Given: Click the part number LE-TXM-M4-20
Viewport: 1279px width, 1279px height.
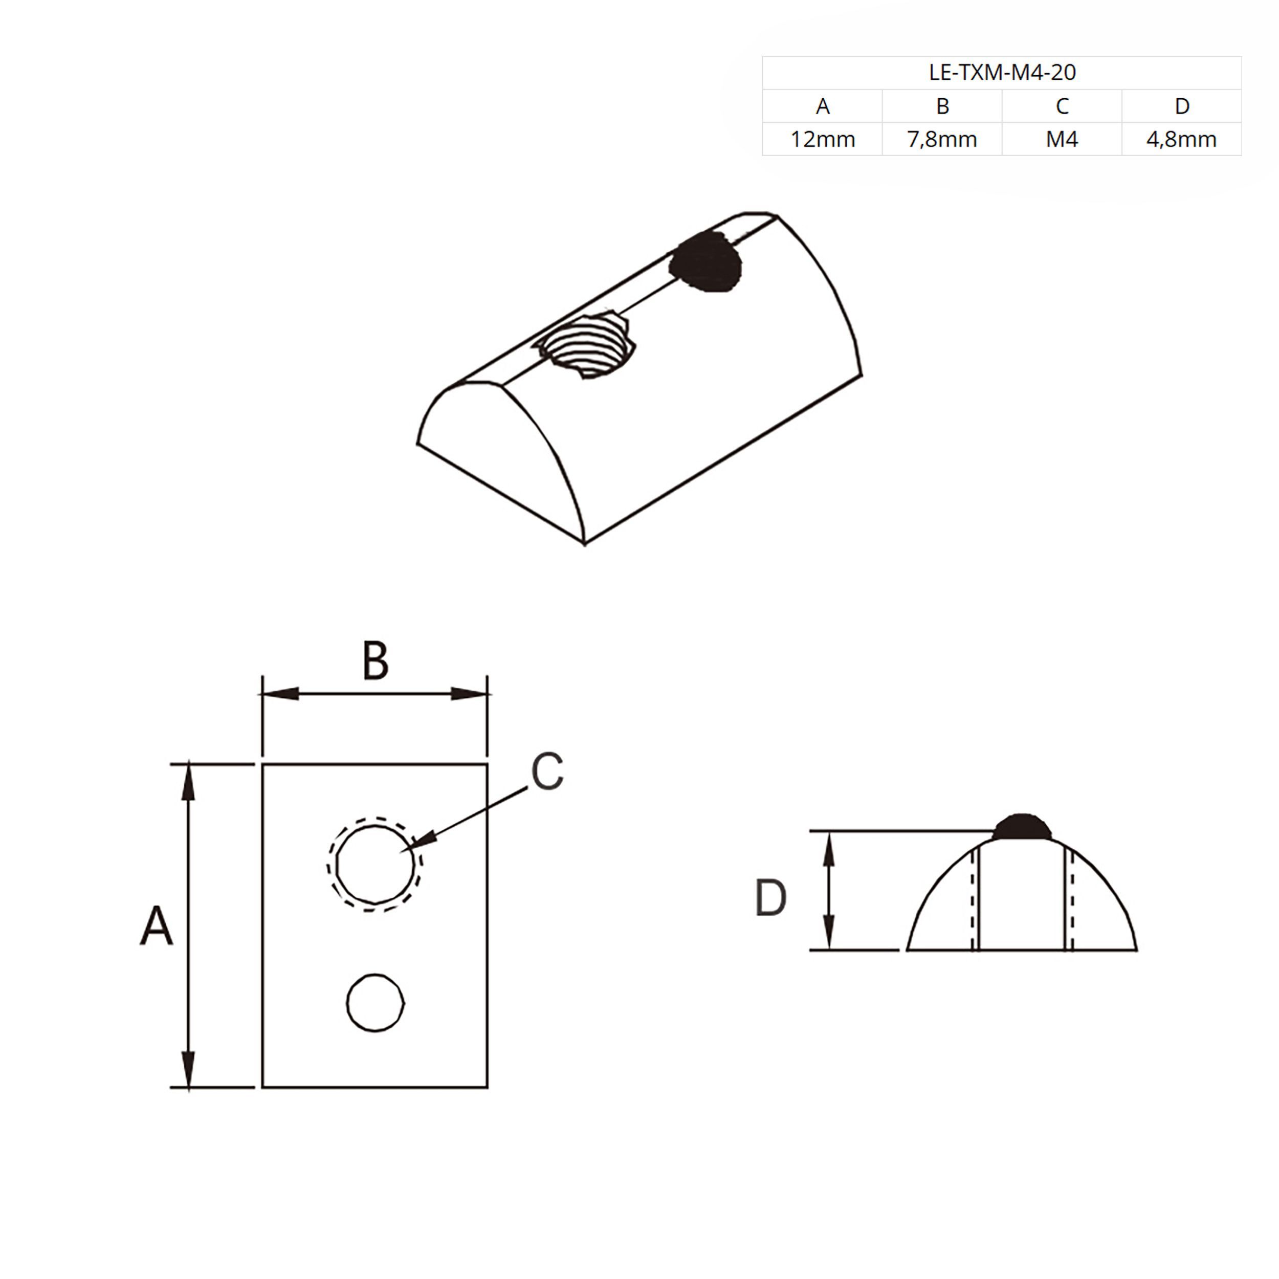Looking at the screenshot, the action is tap(1002, 72).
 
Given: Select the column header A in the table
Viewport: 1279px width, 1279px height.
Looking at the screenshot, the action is tap(822, 106).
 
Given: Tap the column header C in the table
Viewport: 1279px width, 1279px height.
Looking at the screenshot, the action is tap(1062, 106).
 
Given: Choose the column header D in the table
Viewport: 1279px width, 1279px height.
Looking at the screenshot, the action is tap(1182, 106).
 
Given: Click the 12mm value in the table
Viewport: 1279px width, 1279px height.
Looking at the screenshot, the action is tap(822, 139).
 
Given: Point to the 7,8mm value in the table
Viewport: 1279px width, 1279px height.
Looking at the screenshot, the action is tap(942, 139).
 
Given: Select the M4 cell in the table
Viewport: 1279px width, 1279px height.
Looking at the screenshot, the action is tap(1062, 139).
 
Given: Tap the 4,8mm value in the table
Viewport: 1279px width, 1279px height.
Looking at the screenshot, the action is tap(1182, 139).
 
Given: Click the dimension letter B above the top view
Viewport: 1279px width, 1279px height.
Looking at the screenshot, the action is tap(376, 660).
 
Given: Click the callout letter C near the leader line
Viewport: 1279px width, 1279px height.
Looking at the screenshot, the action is tap(547, 770).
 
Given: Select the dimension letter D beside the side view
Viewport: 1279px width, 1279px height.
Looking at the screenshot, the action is tap(770, 898).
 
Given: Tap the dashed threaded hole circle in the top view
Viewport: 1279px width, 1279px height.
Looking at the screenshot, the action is tap(374, 864).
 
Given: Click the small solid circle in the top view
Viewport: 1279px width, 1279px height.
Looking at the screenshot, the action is tap(376, 1002).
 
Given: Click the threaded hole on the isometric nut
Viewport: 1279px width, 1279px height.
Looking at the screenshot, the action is tap(586, 345).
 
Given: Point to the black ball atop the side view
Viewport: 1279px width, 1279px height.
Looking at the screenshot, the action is tap(1022, 827).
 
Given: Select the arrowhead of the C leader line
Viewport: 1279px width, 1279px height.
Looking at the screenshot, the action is tap(419, 840).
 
